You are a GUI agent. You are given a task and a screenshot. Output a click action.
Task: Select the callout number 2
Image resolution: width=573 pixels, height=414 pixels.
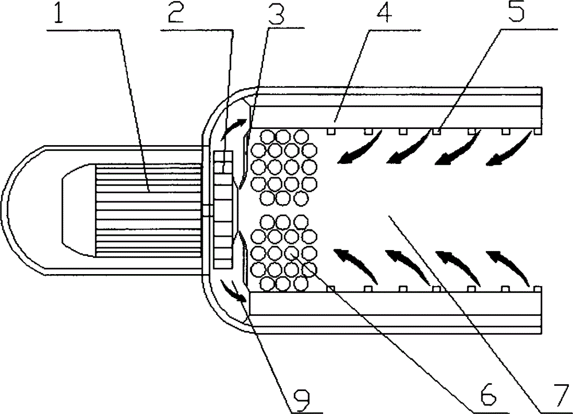click(175, 13)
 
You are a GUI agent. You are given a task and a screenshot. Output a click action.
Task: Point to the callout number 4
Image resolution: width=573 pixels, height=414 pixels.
click(383, 14)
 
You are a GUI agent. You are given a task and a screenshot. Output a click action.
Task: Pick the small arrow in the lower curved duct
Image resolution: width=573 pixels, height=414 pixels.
click(234, 291)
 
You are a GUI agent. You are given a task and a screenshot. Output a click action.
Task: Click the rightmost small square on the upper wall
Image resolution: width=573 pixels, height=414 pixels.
click(537, 131)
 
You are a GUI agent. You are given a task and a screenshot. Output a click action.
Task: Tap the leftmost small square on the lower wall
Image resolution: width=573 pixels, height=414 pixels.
click(330, 289)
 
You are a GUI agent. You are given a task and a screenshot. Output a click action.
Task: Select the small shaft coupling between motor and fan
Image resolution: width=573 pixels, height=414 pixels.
click(207, 211)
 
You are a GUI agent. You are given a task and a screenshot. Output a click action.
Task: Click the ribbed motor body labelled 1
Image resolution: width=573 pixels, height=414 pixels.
click(148, 210)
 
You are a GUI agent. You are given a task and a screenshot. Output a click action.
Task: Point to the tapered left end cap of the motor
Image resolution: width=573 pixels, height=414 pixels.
click(79, 210)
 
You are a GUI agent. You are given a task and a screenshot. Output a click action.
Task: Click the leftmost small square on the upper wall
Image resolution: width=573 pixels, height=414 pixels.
click(330, 131)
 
